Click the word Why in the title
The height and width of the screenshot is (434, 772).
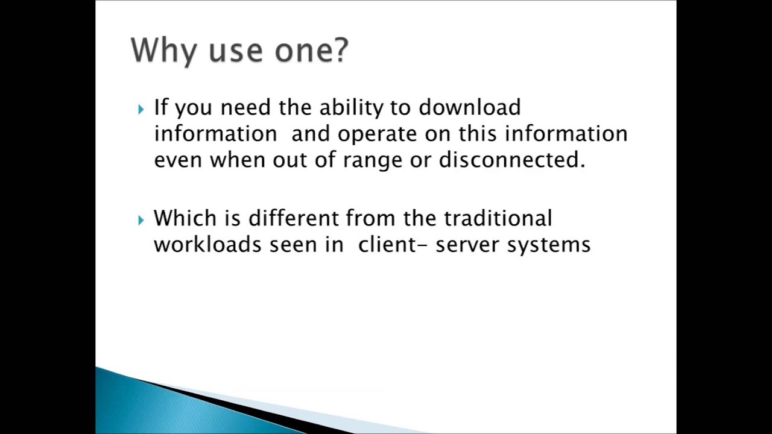pos(163,51)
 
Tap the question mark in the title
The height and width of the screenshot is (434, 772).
pos(341,49)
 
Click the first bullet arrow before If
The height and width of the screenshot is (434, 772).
pos(141,109)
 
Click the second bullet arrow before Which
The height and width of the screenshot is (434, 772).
pos(141,220)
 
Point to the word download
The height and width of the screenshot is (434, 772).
pos(469,108)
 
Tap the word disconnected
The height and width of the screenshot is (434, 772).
pos(511,160)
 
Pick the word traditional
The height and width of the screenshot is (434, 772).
pos(498,218)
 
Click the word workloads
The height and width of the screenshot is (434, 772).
pos(207,245)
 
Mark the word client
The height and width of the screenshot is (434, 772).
pos(388,245)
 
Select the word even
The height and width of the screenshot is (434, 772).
pos(178,160)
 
